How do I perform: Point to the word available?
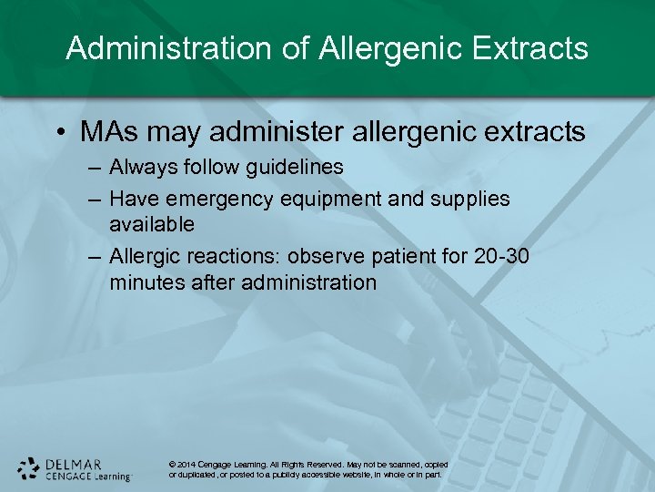pyautogui.click(x=152, y=224)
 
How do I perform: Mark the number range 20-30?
pyautogui.click(x=501, y=257)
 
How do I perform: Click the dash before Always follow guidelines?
pyautogui.click(x=96, y=168)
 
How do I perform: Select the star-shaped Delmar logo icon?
pyautogui.click(x=28, y=468)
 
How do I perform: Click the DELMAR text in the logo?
pyautogui.click(x=73, y=463)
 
